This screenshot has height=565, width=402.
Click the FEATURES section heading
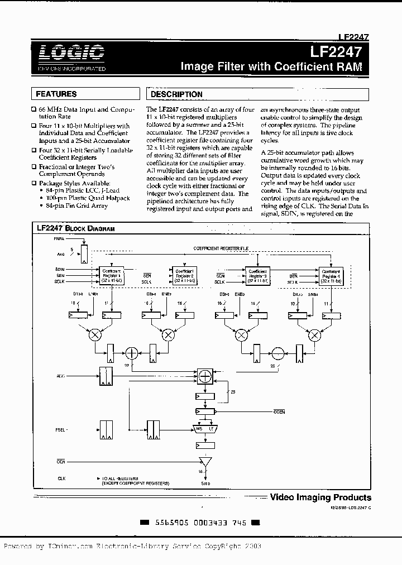[56, 94]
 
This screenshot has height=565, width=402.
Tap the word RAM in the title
[348, 66]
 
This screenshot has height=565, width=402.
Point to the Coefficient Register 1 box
[112, 274]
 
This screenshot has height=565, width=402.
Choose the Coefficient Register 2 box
[183, 274]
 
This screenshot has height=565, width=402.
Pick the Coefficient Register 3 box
[258, 274]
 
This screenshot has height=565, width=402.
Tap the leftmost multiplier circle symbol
[96, 335]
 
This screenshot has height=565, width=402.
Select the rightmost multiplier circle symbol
[315, 335]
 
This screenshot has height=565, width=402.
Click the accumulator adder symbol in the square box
[205, 377]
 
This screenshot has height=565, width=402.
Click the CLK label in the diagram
[61, 478]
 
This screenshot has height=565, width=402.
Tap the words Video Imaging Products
[320, 497]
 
